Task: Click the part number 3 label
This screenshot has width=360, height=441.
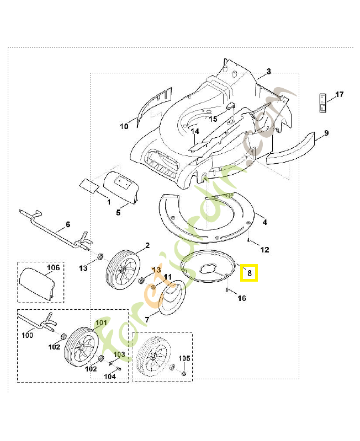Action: pyautogui.click(x=268, y=71)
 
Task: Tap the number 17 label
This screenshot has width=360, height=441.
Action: pyautogui.click(x=339, y=95)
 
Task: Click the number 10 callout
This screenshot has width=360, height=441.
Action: pyautogui.click(x=124, y=126)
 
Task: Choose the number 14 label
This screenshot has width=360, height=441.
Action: pyautogui.click(x=195, y=132)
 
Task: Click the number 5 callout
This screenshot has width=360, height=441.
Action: pyautogui.click(x=118, y=212)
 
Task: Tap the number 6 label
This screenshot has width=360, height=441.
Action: pyautogui.click(x=68, y=224)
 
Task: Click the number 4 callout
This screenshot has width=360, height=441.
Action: pyautogui.click(x=264, y=222)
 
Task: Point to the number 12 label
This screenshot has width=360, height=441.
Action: pyautogui.click(x=264, y=250)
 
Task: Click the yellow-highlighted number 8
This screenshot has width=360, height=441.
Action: pyautogui.click(x=249, y=272)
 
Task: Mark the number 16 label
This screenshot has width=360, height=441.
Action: pyautogui.click(x=242, y=298)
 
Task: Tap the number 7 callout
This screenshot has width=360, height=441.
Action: pyautogui.click(x=147, y=319)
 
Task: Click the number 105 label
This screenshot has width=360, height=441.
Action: pyautogui.click(x=184, y=358)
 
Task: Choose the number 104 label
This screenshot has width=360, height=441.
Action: pyautogui.click(x=110, y=377)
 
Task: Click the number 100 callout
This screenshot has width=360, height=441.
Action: pyautogui.click(x=28, y=335)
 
